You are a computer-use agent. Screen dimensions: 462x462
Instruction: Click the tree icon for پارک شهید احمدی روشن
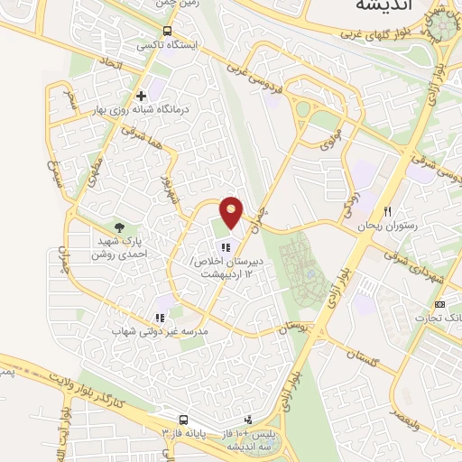point(119,227)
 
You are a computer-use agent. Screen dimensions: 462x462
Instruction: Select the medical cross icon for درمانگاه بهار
point(141,96)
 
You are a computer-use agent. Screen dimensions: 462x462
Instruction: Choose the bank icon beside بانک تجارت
point(440,304)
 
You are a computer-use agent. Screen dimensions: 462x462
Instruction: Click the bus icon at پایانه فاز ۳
point(184,420)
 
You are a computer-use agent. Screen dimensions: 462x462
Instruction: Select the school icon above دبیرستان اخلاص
point(226,247)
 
